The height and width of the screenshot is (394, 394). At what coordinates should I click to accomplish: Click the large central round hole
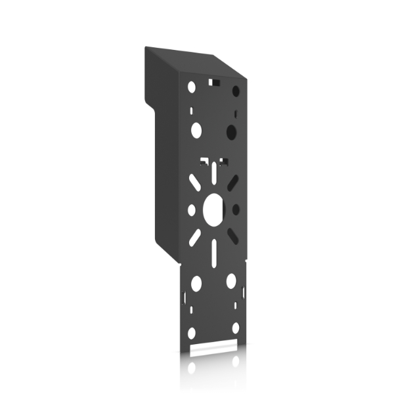tap(213, 209)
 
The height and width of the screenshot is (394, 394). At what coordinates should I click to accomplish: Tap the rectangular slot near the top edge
tap(213, 83)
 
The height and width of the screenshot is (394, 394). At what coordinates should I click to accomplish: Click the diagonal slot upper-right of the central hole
tap(232, 182)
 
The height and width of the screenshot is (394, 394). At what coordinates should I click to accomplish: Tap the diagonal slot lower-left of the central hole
tap(195, 237)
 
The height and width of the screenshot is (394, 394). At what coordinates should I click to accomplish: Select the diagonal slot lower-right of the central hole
tap(232, 236)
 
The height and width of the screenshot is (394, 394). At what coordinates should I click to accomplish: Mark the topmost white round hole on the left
tap(192, 87)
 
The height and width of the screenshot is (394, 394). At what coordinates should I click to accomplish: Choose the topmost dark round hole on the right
tap(234, 91)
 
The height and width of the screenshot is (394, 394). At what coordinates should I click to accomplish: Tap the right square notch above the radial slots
tap(223, 160)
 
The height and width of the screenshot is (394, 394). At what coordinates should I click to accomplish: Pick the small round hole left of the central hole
tap(192, 209)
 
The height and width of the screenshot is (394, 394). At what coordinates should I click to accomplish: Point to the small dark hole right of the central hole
tap(236, 209)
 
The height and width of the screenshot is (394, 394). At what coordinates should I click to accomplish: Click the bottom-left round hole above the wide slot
tap(192, 332)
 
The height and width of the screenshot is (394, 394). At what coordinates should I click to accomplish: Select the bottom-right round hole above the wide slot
tap(235, 328)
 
